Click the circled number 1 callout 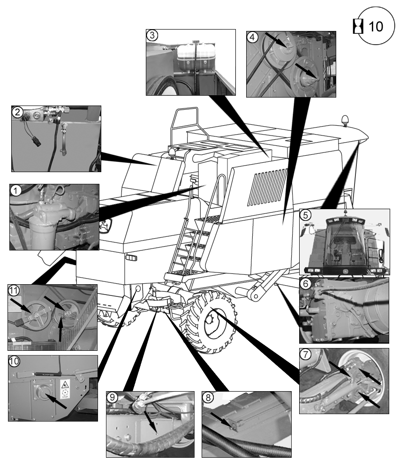pyautogui.click(x=15, y=190)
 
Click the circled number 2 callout pyautogui.click(x=17, y=112)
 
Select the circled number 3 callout pyautogui.click(x=152, y=35)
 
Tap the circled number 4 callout pyautogui.click(x=253, y=37)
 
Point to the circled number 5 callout pyautogui.click(x=305, y=215)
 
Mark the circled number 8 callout pyautogui.click(x=208, y=397)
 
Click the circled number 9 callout pyautogui.click(x=112, y=397)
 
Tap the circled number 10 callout pyautogui.click(x=15, y=362)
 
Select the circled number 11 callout pyautogui.click(x=15, y=291)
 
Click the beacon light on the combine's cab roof pyautogui.click(x=346, y=120)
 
